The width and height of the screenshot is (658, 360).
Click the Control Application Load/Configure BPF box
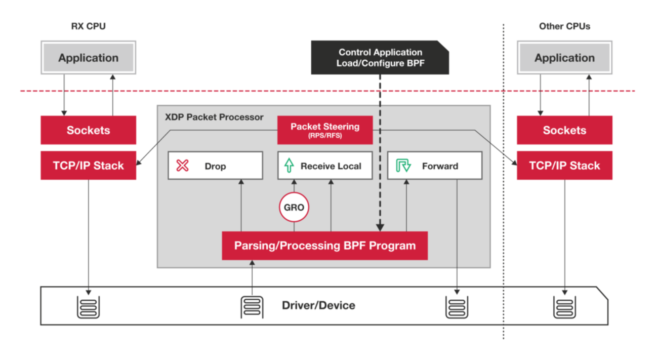click(380, 58)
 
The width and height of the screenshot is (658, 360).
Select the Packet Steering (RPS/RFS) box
click(324, 130)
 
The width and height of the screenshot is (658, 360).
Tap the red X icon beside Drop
click(182, 166)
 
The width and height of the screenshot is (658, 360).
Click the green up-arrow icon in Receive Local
click(289, 166)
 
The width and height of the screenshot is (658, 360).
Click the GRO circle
click(294, 208)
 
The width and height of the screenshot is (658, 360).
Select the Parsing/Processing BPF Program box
click(324, 246)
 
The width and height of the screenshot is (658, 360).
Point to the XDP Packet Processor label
click(214, 117)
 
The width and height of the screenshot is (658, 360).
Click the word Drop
click(215, 166)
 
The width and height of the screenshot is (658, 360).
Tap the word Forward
click(440, 166)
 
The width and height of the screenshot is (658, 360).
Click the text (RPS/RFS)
click(324, 136)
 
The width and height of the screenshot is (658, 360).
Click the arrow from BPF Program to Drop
click(241, 205)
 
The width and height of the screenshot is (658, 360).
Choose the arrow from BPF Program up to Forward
click(406, 205)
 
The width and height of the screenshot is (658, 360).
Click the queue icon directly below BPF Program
click(252, 306)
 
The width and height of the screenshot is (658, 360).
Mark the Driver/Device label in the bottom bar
click(318, 306)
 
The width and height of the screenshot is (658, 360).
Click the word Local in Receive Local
click(350, 166)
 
